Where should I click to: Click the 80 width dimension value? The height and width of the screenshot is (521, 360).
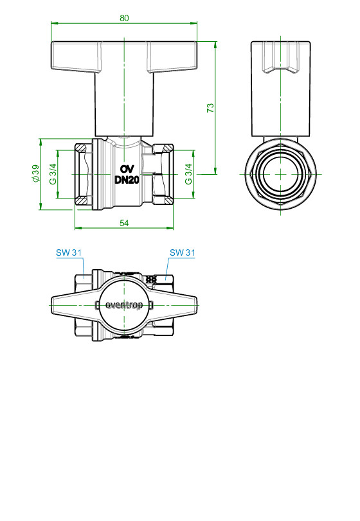(x=124, y=18)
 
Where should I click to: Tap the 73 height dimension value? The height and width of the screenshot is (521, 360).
(x=210, y=108)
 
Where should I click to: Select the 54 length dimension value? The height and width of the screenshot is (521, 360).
(x=124, y=223)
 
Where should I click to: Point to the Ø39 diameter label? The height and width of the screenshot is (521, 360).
(x=35, y=173)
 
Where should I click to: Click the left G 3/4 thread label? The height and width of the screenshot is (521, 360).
(x=53, y=174)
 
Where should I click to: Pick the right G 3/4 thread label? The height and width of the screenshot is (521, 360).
(x=188, y=174)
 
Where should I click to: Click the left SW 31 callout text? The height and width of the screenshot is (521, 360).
(x=69, y=253)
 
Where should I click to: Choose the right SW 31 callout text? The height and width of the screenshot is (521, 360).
(x=182, y=253)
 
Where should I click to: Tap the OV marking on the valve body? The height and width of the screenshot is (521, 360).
(x=127, y=169)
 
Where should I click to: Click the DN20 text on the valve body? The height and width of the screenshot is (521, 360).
(x=127, y=180)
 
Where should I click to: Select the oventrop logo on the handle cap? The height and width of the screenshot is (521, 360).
(x=124, y=305)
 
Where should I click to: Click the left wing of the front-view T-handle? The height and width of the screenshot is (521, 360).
(x=76, y=57)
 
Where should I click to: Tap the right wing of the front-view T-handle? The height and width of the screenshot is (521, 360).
(x=172, y=57)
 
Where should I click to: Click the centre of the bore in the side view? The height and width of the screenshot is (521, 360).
(x=280, y=174)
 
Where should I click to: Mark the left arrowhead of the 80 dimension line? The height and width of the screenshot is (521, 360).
(x=54, y=23)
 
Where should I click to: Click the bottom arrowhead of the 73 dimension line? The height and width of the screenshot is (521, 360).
(x=215, y=170)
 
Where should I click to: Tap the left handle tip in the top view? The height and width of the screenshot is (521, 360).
(x=52, y=305)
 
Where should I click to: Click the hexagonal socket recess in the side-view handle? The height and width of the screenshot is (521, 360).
(x=280, y=57)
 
